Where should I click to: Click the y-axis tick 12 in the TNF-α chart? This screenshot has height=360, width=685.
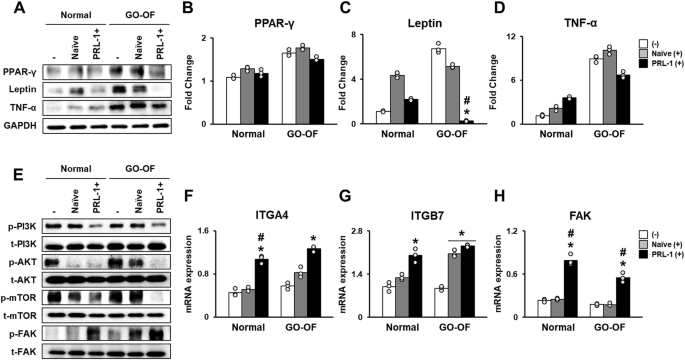(x=532, y=38)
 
